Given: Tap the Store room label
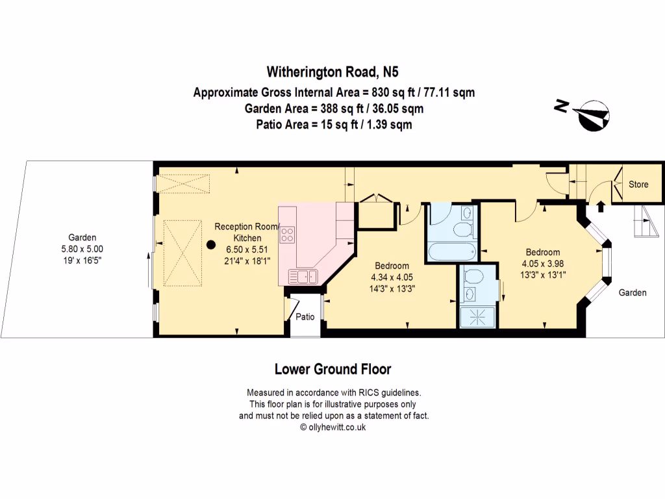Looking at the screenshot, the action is [638, 184].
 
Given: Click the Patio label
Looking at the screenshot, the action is [305, 316].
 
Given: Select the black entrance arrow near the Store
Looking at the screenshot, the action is [601, 206].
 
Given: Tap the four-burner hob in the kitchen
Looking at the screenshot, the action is [287, 235].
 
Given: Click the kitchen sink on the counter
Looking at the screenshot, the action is [303, 276].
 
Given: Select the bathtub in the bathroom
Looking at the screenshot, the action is [452, 251].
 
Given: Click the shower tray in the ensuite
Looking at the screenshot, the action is [478, 316].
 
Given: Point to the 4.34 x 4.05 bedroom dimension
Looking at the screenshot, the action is [392, 277].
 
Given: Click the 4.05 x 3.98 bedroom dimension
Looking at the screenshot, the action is [543, 263].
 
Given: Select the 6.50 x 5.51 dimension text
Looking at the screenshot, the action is [247, 249].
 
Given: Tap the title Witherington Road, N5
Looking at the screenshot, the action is [332, 71].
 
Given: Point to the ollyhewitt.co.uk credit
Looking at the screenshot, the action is [333, 428].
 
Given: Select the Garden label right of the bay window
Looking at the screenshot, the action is [633, 292].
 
